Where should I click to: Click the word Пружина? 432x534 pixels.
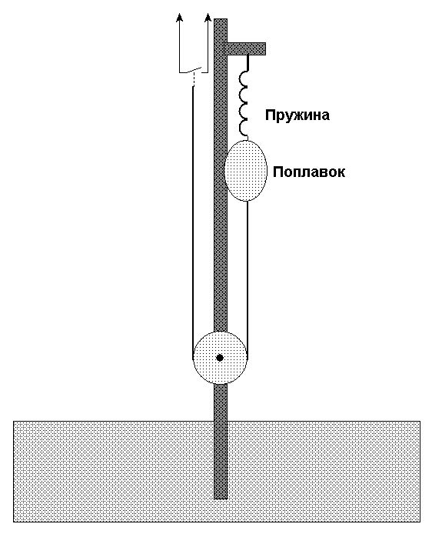pyautogui.click(x=297, y=115)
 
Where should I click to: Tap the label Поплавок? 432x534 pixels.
pyautogui.click(x=309, y=172)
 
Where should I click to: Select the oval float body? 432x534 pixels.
pyautogui.click(x=245, y=171)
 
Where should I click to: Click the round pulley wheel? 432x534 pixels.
pyautogui.click(x=220, y=358)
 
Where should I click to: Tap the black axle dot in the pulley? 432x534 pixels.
pyautogui.click(x=220, y=358)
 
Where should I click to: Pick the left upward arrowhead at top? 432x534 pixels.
pyautogui.click(x=179, y=18)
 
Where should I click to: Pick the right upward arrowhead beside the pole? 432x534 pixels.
pyautogui.click(x=208, y=18)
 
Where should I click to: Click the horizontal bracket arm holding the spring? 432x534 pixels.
pyautogui.click(x=244, y=48)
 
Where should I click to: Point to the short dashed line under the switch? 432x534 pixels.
pyautogui.click(x=194, y=80)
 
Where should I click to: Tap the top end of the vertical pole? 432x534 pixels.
pyautogui.click(x=221, y=19)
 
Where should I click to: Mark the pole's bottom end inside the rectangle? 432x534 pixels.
pyautogui.click(x=221, y=499)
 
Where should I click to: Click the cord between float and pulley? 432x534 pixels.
pyautogui.click(x=248, y=279)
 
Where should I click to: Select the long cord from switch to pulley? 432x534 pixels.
pyautogui.click(x=192, y=222)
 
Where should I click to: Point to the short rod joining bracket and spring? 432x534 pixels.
pyautogui.click(x=248, y=63)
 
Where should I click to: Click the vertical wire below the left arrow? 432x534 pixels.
pyautogui.click(x=179, y=48)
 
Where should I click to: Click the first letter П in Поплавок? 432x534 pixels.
pyautogui.click(x=278, y=172)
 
